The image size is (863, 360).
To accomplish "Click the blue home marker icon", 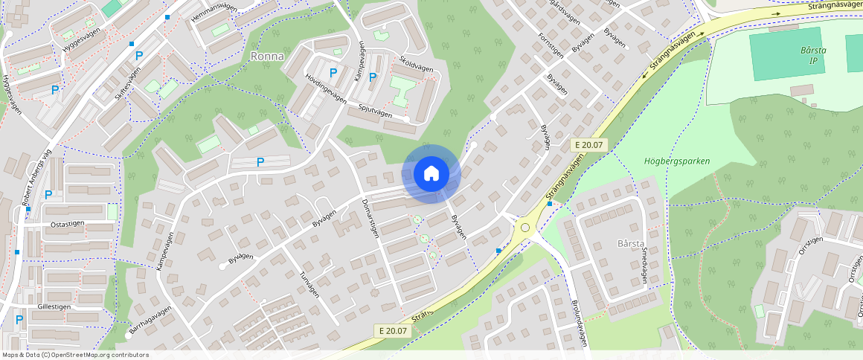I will (431, 174).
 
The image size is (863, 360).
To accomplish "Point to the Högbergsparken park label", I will (676, 161).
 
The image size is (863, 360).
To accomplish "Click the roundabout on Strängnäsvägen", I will (525, 227).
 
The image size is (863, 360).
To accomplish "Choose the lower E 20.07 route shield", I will (392, 331).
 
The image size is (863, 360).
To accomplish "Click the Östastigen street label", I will (66, 222).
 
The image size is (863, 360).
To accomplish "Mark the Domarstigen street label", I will (370, 218).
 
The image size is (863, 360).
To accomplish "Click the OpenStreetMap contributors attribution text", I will (76, 355).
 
